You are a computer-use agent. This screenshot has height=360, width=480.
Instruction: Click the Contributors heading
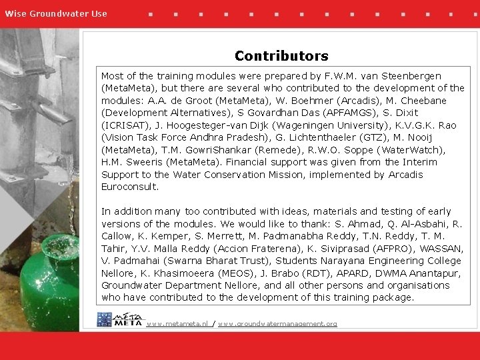coord(281,56)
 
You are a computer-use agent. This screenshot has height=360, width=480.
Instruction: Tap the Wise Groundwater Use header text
coord(56,13)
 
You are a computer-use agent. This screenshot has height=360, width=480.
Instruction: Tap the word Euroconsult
coord(130,187)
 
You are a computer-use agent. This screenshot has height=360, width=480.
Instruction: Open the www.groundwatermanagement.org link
coord(277,324)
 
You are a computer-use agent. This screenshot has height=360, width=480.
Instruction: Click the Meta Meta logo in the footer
coord(119,319)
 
